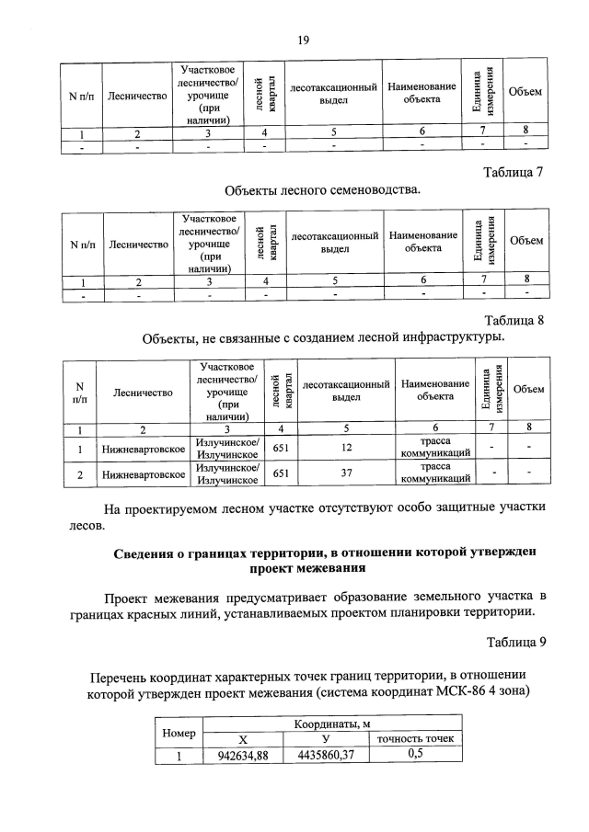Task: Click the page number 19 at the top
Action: click(303, 39)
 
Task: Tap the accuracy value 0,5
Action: click(414, 755)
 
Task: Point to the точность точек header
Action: click(414, 739)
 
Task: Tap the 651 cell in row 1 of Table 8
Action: click(286, 450)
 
